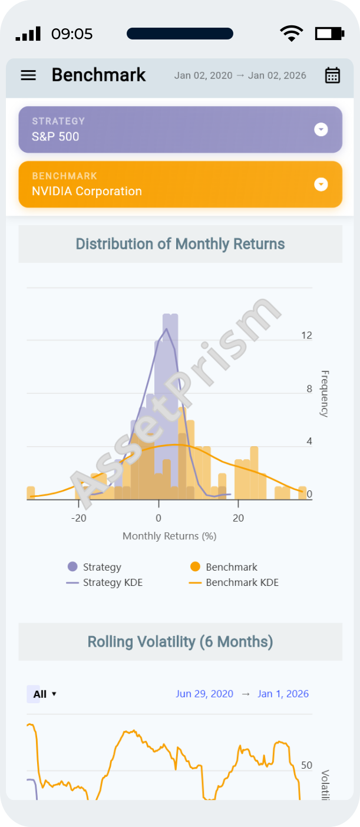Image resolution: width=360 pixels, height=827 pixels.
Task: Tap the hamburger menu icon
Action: (28, 75)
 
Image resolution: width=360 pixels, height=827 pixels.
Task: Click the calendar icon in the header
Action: (332, 75)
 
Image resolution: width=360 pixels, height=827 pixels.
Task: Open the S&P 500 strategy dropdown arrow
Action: (321, 130)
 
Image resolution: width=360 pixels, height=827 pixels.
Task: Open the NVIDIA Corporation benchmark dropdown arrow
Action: (321, 184)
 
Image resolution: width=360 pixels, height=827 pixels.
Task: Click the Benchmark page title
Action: (98, 75)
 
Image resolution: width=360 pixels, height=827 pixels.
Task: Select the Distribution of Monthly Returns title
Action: (180, 244)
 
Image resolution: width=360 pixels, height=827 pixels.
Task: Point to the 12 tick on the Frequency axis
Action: (306, 335)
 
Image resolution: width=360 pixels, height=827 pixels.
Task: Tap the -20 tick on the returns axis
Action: (78, 519)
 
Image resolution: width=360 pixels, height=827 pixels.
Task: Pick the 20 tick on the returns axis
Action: (238, 519)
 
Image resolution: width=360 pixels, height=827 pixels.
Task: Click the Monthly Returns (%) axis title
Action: (169, 536)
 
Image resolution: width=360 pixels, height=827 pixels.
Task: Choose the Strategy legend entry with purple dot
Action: (94, 567)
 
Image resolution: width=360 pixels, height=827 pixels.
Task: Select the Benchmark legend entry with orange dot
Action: (224, 567)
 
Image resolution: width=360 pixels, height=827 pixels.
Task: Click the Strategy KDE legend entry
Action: (105, 582)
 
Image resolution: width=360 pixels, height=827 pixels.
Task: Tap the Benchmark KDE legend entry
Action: (234, 582)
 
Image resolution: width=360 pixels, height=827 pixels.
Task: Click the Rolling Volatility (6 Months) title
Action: (180, 641)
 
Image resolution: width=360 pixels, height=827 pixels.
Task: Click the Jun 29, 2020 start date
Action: (204, 694)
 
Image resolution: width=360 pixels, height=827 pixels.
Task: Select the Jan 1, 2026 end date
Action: (283, 694)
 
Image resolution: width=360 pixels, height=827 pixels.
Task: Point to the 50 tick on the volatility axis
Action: (306, 765)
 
